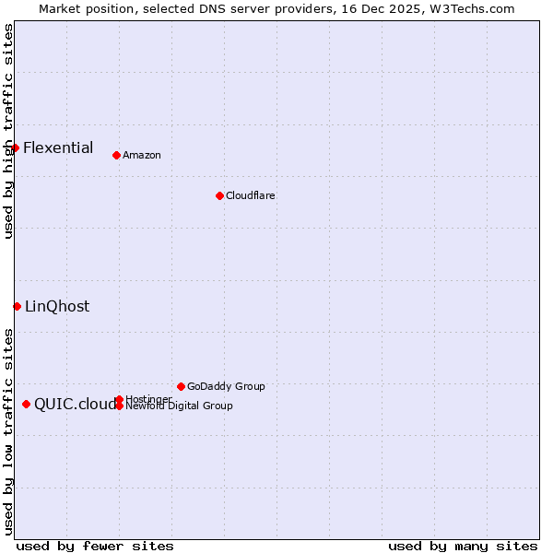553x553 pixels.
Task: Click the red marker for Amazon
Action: [116, 155]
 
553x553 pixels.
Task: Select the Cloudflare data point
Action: [219, 195]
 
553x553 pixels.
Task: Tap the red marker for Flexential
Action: [15, 147]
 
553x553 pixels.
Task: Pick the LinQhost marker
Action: [17, 306]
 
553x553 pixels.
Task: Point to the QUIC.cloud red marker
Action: [26, 404]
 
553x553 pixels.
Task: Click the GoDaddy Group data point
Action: [181, 386]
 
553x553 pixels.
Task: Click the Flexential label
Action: [58, 147]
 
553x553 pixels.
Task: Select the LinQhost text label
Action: [57, 306]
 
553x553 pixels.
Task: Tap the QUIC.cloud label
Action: [76, 404]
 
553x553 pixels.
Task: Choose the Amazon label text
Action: [142, 155]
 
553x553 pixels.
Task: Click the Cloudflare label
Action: [251, 195]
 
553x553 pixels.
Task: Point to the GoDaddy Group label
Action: [226, 386]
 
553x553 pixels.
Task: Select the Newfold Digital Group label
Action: [179, 406]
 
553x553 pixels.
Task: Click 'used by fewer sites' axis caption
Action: [95, 546]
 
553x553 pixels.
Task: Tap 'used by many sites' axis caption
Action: [463, 546]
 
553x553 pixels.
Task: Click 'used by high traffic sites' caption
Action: [8, 131]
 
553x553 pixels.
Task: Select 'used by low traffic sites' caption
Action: [8, 430]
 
